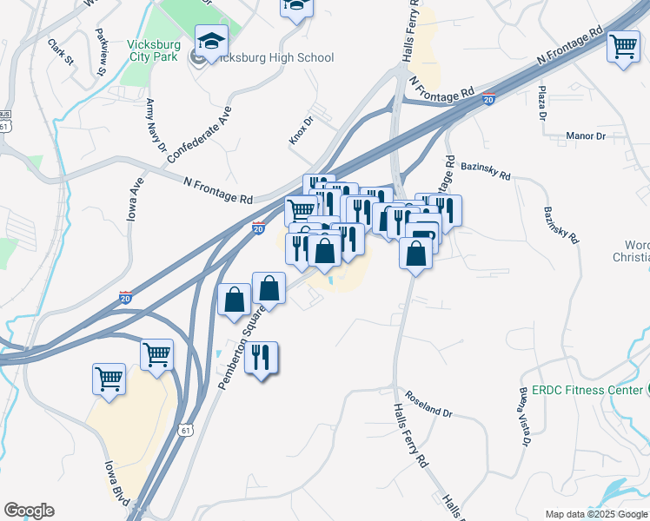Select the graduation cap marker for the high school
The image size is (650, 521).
pyautogui.click(x=211, y=41)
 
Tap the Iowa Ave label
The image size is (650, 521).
pyautogui.click(x=135, y=201)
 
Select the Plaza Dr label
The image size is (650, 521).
pyautogui.click(x=542, y=102)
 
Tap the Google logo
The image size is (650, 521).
pyautogui.click(x=29, y=511)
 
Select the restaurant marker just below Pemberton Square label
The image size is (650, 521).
pyautogui.click(x=261, y=357)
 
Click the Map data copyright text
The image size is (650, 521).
pyautogui.click(x=596, y=514)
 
